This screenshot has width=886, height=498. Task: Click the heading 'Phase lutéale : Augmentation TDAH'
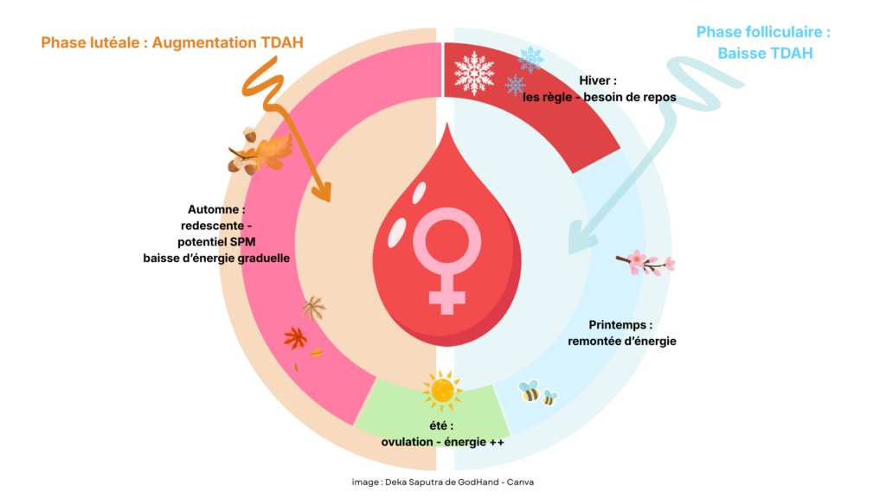point(171,42)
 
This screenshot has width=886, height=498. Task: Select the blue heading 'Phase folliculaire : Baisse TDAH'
point(763,42)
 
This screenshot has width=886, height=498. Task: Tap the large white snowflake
point(474,73)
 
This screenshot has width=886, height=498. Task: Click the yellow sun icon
point(442,391)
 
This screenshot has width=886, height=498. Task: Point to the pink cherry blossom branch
point(645,262)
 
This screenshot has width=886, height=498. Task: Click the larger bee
point(529,392)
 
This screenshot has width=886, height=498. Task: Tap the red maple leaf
point(295,337)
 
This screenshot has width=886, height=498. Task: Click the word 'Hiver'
point(598,80)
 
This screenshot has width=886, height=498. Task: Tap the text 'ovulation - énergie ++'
point(442,442)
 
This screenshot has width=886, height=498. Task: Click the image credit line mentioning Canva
point(442,482)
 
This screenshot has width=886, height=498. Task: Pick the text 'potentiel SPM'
point(216,241)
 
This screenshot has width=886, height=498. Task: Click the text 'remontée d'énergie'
point(621,341)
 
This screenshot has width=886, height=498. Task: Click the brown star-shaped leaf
point(313,308)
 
